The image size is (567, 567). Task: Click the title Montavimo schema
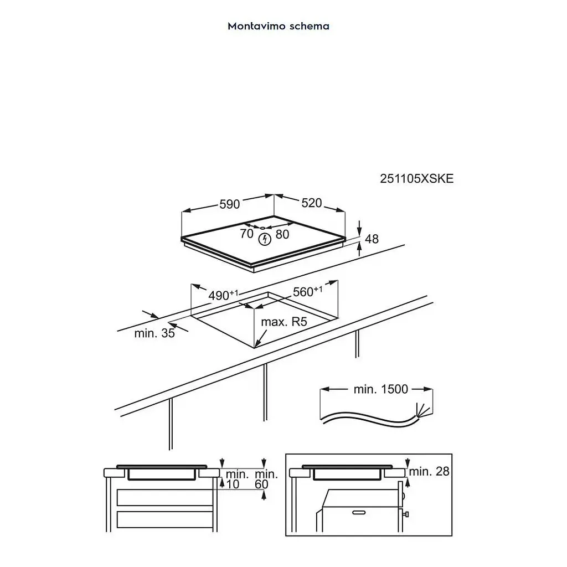pos(279,26)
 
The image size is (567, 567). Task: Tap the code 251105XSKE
pos(416,179)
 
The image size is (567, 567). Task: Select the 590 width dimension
pos(230,204)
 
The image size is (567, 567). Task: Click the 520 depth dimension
pos(312,203)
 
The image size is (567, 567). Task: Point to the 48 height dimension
pos(372,239)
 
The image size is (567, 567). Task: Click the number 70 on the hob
pos(246,234)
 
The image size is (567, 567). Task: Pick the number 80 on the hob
pos(282,234)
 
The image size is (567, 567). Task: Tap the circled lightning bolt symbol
pos(265,239)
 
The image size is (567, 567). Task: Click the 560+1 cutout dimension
pos(308,291)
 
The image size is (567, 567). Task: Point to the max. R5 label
pos(284,322)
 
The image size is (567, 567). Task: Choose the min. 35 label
pos(154,333)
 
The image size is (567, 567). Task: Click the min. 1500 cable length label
pos(381,389)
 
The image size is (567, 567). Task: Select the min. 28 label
pos(429,471)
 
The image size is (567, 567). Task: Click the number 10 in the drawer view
pos(233,484)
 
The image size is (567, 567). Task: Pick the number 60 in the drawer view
pos(261,484)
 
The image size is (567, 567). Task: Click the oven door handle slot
pos(359,512)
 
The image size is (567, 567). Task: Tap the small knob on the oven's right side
pos(406,514)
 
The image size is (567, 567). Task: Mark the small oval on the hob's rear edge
pos(263,228)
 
